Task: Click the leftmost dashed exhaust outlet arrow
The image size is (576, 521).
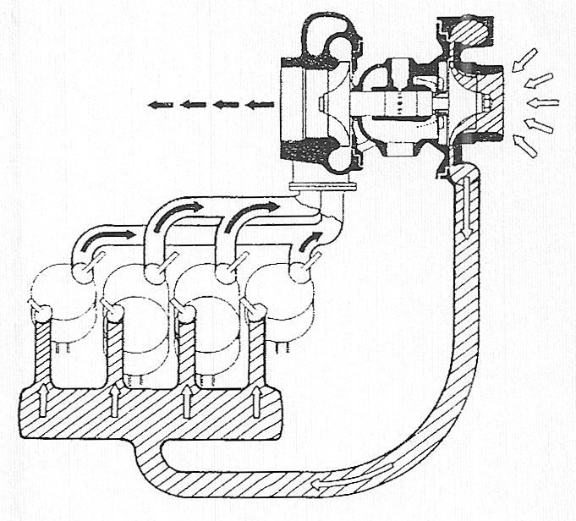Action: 159,105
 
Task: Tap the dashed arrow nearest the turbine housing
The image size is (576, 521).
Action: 261,105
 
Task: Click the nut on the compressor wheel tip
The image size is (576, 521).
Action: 489,104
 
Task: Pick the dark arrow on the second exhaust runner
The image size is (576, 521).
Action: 179,207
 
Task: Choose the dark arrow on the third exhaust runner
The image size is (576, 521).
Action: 253,206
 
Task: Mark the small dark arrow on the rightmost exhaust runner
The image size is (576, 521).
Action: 313,239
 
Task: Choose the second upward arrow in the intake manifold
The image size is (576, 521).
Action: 113,398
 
